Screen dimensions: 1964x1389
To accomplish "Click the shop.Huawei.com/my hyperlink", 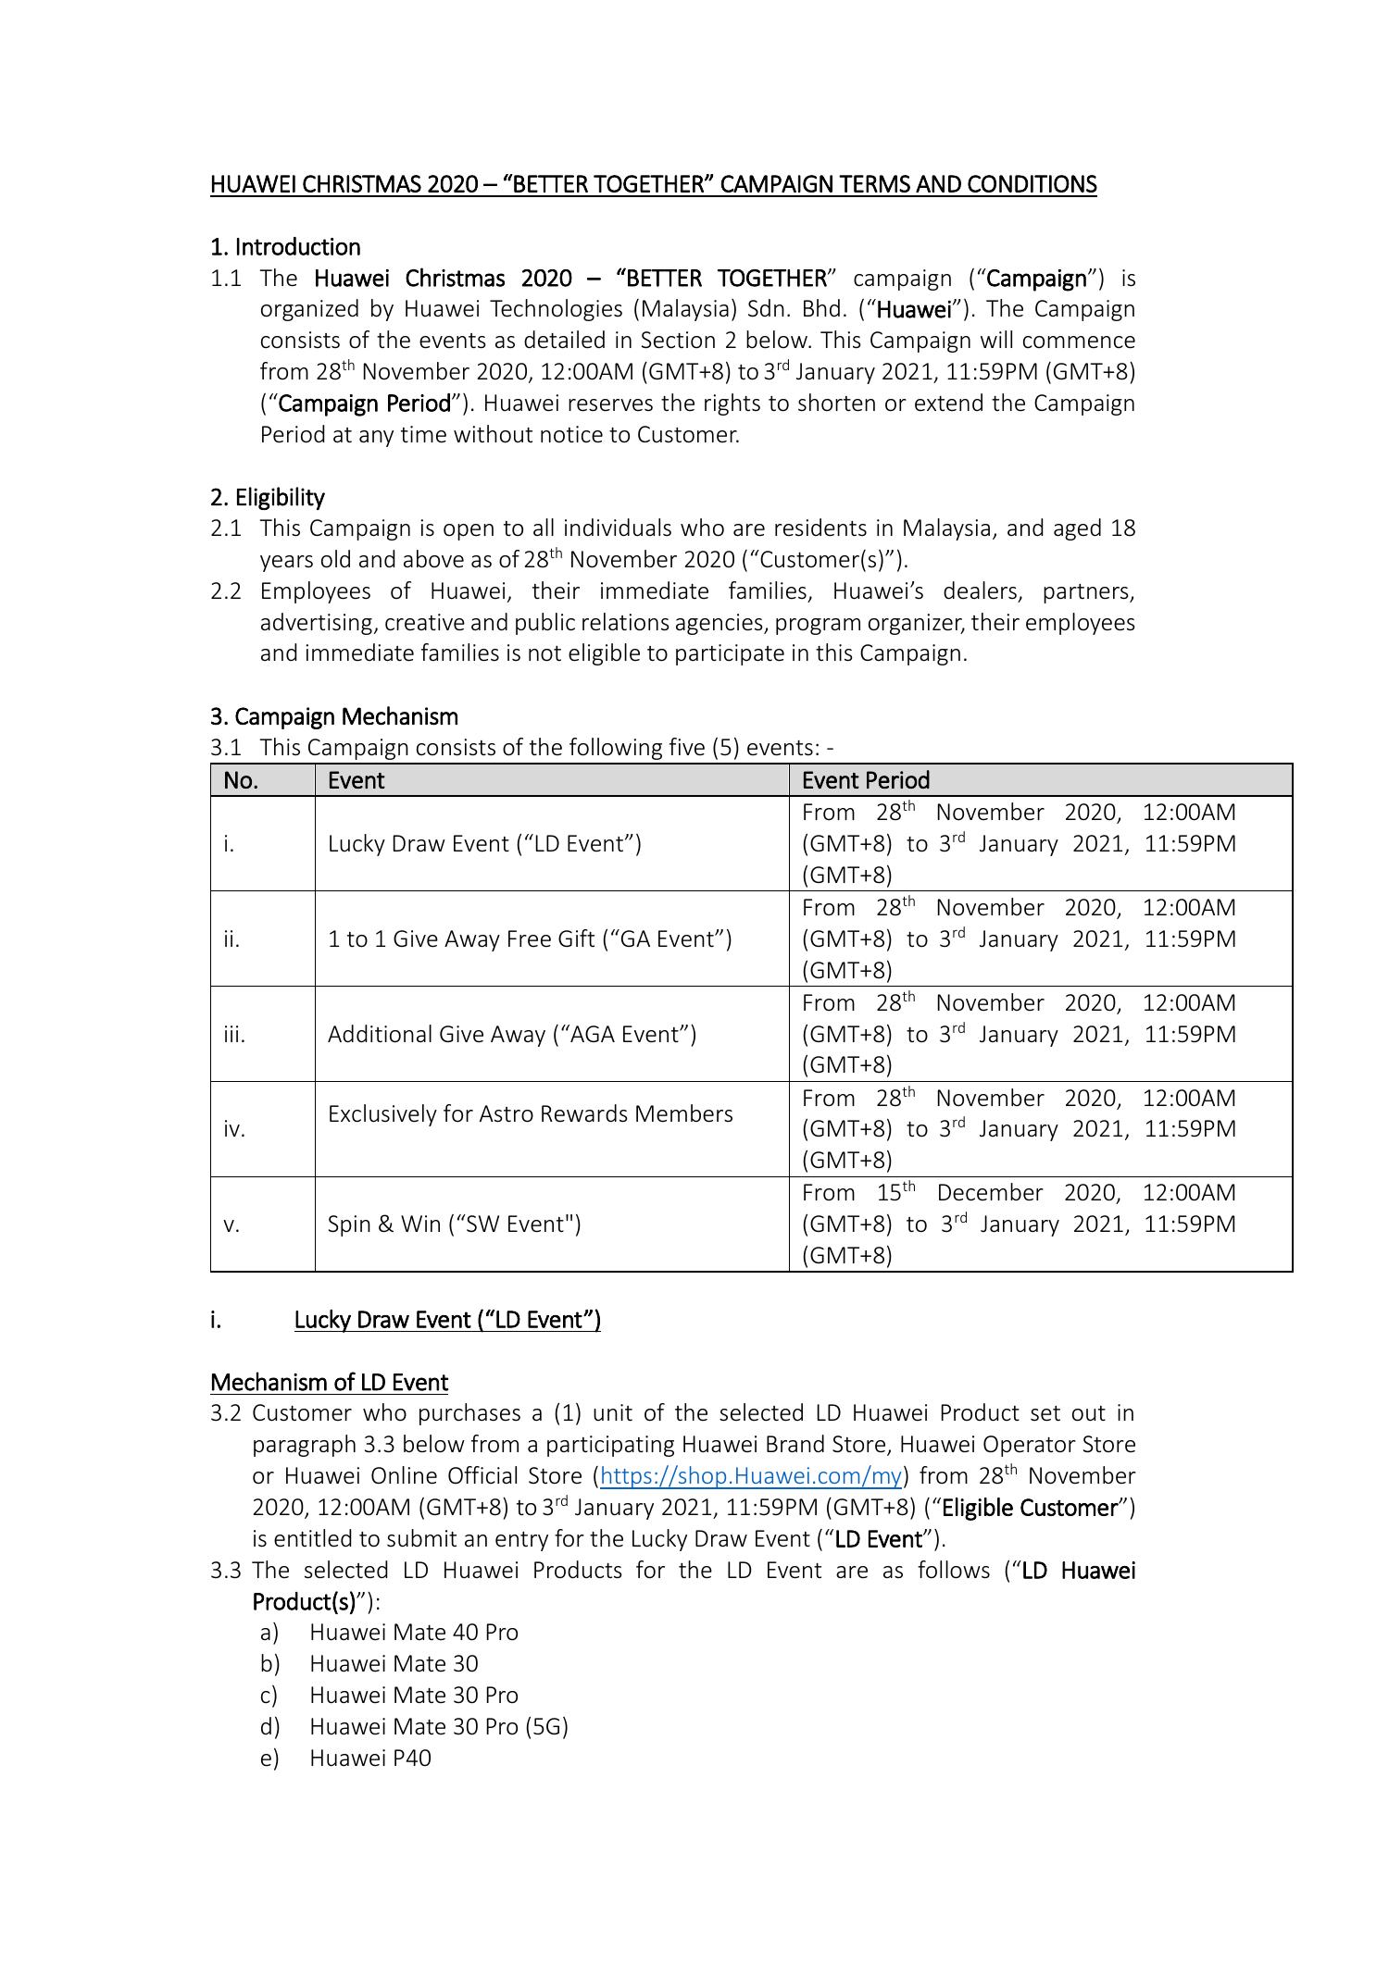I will [x=750, y=1475].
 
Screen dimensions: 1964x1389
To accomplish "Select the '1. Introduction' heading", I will [x=285, y=247].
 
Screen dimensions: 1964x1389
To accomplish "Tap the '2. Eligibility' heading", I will [x=268, y=497].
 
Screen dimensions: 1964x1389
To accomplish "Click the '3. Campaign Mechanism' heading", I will [x=333, y=716].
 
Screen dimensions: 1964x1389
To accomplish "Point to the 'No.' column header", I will [x=241, y=780].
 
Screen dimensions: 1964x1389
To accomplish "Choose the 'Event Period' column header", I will [x=865, y=780].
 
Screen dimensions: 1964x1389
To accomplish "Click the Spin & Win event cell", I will [x=454, y=1224].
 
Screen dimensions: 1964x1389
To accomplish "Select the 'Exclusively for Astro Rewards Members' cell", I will [x=530, y=1113].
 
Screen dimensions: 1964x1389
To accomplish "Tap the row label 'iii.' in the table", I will [x=234, y=1034].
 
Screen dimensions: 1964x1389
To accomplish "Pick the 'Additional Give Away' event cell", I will [x=511, y=1034].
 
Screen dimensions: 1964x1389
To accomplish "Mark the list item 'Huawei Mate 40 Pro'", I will [x=413, y=1632].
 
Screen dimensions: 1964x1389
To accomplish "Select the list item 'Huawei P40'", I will [x=369, y=1758].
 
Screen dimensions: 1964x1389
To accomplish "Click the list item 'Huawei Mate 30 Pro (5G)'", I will [x=438, y=1726].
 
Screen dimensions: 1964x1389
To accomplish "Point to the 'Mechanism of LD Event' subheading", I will [x=329, y=1382].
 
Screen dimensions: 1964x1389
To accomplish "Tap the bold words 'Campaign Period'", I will [x=364, y=404].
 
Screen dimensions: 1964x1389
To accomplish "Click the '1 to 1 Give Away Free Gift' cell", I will [x=530, y=938].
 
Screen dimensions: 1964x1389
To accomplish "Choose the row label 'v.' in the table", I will [x=231, y=1224].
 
